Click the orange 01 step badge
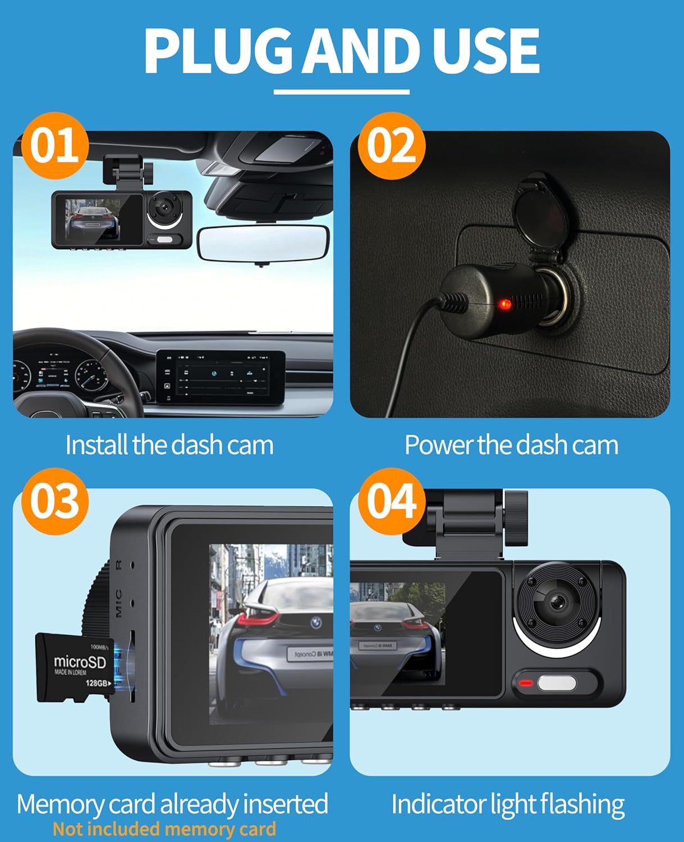54,145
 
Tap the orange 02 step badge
391,145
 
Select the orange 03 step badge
54,501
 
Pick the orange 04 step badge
391,501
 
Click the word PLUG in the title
218,51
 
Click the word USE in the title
485,51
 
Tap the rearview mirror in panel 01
263,243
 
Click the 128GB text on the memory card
97,683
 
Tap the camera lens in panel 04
557,602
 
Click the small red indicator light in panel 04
526,683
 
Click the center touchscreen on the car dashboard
221,376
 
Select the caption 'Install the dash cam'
169,445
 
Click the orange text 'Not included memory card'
164,829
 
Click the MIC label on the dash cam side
118,603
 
